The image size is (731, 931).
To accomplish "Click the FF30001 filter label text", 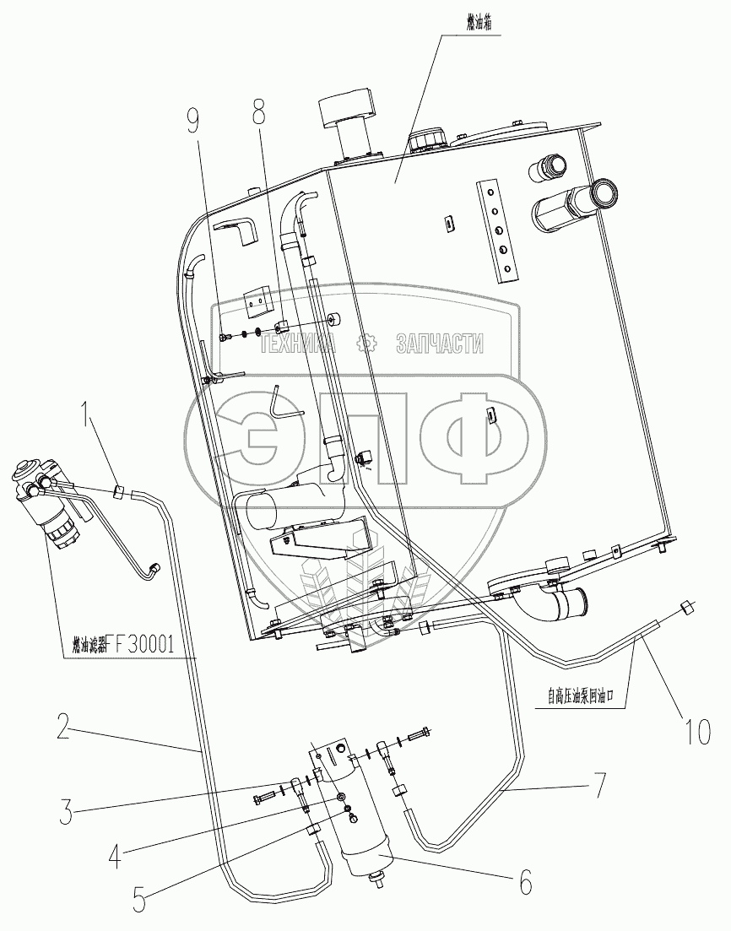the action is tap(122, 647).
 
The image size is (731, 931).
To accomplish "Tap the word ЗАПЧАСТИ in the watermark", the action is tap(439, 344).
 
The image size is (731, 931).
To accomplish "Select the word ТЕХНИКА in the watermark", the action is tap(298, 344).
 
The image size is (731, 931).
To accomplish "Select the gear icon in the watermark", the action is tap(365, 344).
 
